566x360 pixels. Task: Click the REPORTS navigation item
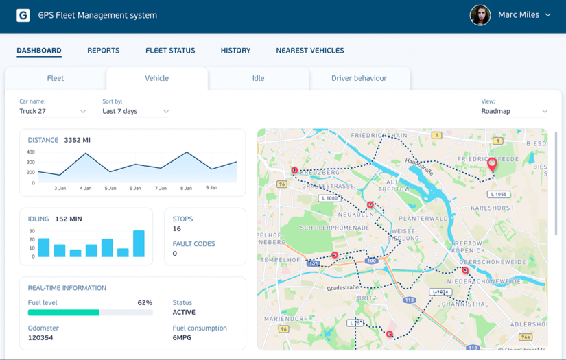103,51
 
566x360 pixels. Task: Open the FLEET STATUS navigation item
170,51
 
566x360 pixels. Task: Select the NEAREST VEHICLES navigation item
309,51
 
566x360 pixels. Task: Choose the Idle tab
258,78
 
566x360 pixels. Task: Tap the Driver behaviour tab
359,78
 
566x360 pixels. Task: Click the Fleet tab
55,78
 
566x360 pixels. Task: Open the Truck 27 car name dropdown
53,111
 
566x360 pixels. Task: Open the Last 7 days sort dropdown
135,111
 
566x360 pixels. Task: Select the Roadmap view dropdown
514,111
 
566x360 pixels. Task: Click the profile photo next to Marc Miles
480,15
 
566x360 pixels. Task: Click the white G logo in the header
23,15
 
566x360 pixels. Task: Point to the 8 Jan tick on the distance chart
186,188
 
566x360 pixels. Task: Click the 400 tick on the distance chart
30,152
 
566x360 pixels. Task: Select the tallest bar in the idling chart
139,243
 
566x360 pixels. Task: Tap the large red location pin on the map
492,164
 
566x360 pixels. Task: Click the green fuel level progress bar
64,313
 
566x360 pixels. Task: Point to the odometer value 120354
40,338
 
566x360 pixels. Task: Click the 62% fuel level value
145,302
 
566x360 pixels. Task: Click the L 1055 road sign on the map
499,195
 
